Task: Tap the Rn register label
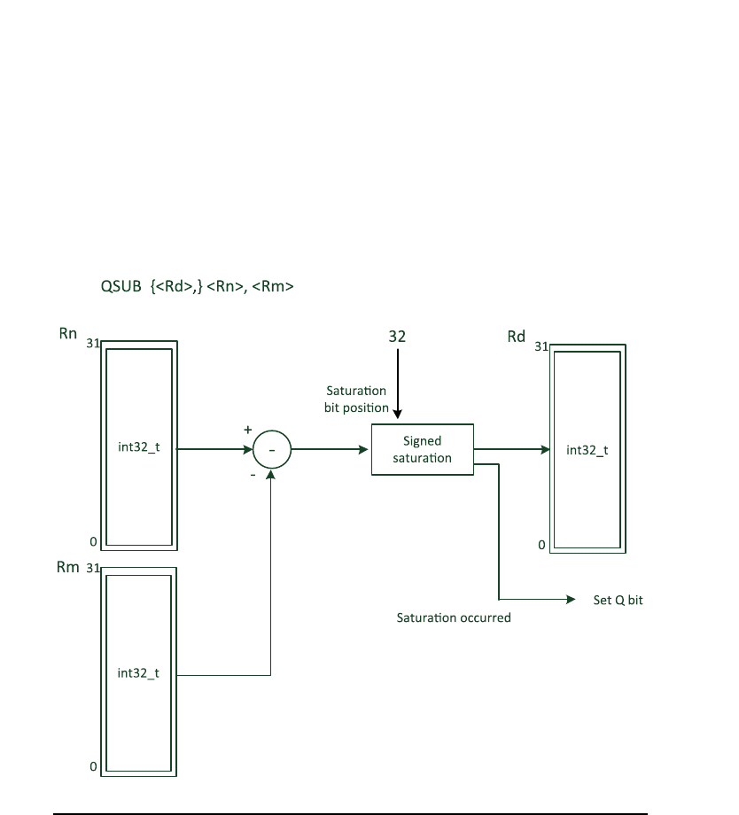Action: (x=68, y=334)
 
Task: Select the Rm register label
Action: (x=68, y=567)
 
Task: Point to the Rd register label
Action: (x=516, y=338)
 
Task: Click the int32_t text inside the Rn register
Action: (x=138, y=446)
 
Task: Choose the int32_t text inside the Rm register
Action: (x=138, y=673)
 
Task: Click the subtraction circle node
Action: (x=272, y=450)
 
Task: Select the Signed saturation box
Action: (x=422, y=449)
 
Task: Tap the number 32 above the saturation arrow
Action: (x=398, y=338)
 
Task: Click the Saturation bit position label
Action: (x=357, y=400)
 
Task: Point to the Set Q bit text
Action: (x=618, y=600)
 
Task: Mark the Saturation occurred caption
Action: (x=454, y=617)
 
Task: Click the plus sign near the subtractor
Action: (x=248, y=429)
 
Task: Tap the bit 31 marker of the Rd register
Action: (x=541, y=347)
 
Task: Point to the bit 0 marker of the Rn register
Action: (x=93, y=540)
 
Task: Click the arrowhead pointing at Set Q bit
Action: (x=572, y=600)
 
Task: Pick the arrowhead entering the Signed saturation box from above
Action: (x=398, y=413)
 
